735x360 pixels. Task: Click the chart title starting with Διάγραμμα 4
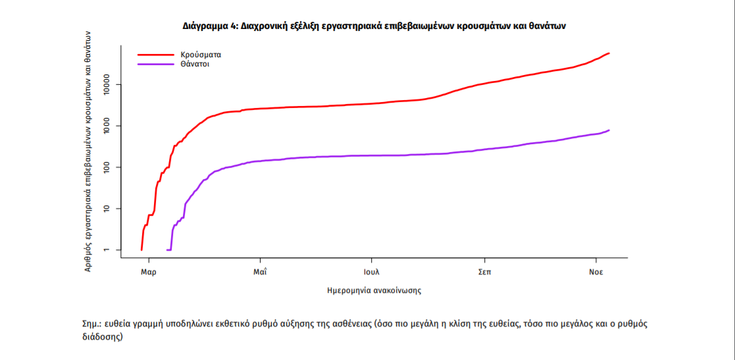(x=374, y=26)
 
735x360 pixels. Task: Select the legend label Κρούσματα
(x=196, y=55)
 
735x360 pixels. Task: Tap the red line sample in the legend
(x=153, y=55)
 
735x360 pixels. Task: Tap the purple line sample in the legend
(x=153, y=64)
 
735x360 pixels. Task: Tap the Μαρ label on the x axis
(x=149, y=271)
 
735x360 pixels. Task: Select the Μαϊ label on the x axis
(x=259, y=271)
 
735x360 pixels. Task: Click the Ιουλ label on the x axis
(x=371, y=271)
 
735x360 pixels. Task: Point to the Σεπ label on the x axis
(x=484, y=271)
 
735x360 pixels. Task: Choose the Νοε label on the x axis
(x=596, y=271)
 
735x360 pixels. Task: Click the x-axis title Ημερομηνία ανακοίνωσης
(x=374, y=290)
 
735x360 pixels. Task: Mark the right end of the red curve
(x=609, y=53)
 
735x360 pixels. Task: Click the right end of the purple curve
(x=609, y=130)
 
